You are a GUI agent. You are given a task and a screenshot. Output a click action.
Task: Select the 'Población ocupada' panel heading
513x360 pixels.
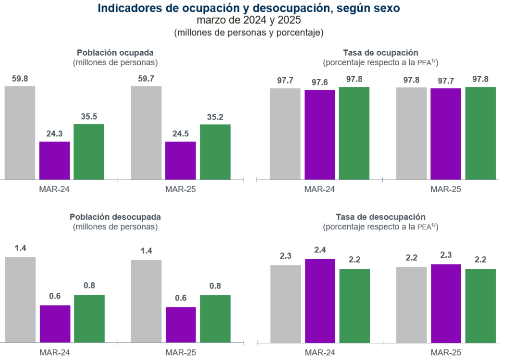tap(115, 53)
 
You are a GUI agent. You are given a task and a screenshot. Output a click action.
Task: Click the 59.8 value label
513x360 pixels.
tap(20, 79)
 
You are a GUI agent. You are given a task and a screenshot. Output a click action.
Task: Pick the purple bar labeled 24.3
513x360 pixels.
tap(55, 160)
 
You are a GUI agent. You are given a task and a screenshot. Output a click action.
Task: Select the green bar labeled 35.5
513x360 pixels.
tap(89, 152)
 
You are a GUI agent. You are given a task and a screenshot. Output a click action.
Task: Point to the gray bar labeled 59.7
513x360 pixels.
tap(146, 132)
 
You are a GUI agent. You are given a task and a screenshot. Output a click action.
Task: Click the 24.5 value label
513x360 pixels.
tap(180, 134)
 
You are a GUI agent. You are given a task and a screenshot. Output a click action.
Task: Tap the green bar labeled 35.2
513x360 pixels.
tap(215, 152)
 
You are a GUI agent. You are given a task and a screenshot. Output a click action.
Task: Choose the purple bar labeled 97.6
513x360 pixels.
tap(320, 135)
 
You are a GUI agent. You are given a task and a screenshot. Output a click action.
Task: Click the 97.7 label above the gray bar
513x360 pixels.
tap(285, 81)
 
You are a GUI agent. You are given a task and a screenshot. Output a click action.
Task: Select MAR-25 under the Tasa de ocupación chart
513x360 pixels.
tap(446, 189)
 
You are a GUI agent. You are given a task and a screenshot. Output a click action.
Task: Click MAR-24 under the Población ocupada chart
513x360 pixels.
tap(54, 189)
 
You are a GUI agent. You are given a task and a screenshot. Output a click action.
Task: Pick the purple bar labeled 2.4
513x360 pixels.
tap(320, 300)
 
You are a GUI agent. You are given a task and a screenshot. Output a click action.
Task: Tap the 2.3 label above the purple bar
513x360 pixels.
tap(446, 255)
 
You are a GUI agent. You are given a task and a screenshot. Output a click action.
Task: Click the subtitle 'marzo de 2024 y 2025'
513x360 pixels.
tap(248, 20)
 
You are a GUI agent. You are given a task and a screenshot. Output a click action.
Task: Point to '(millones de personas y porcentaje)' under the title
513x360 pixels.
tap(248, 33)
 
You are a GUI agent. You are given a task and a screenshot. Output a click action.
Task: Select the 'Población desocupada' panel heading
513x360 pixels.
tap(115, 217)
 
